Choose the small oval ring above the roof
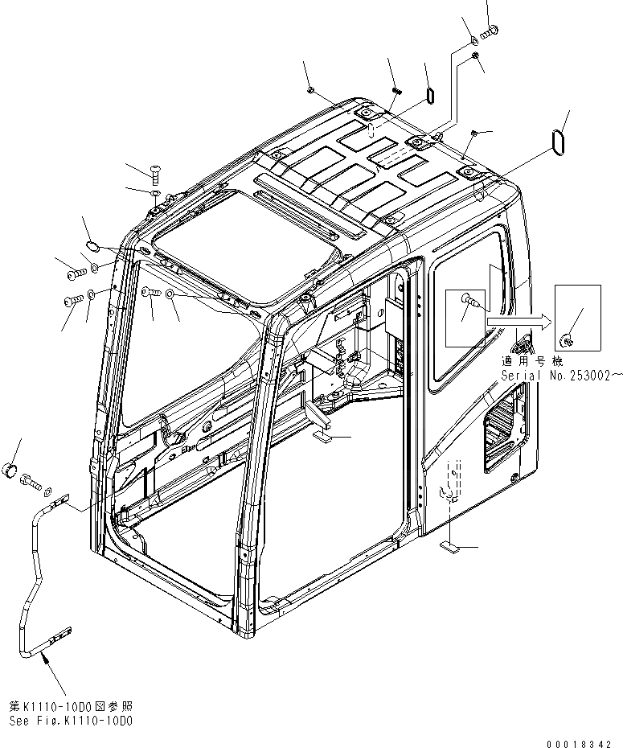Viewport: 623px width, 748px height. [x=429, y=95]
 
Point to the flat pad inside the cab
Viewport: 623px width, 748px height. [x=322, y=438]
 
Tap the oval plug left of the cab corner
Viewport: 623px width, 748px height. [x=92, y=245]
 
